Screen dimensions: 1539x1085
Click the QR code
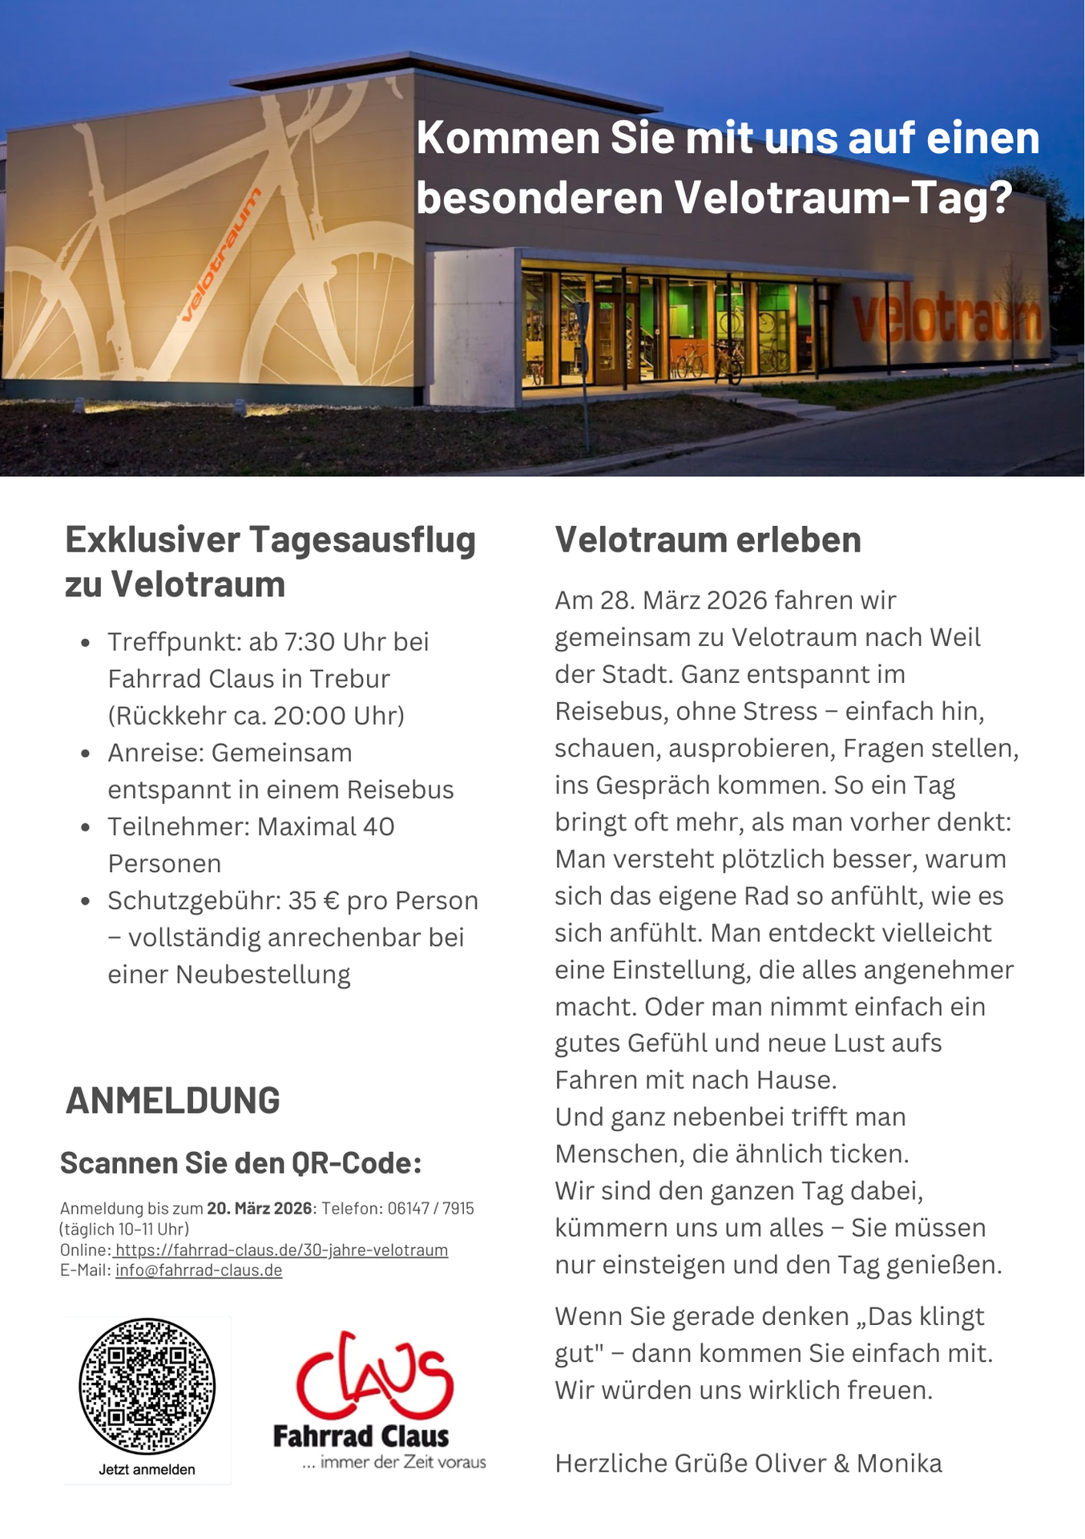tap(147, 1386)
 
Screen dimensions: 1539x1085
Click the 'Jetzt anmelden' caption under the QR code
tap(147, 1469)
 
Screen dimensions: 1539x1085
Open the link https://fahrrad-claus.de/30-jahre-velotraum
tap(281, 1250)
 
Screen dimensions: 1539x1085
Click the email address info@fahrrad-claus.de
tap(199, 1270)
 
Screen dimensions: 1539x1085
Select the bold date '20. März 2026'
tap(260, 1208)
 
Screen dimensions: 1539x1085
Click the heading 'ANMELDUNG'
tap(173, 1100)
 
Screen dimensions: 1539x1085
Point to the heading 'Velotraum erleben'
tap(708, 539)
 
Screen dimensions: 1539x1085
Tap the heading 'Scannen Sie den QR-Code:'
tap(240, 1162)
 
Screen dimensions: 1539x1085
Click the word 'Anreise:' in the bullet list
tap(157, 753)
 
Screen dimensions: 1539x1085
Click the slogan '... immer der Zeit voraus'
tap(393, 1462)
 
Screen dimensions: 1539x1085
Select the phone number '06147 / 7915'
tap(431, 1208)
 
